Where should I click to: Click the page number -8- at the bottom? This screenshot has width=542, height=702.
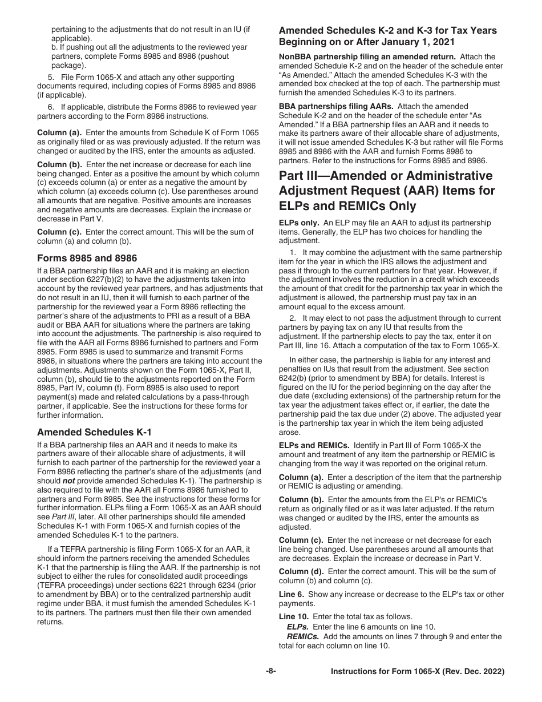[x=270, y=672]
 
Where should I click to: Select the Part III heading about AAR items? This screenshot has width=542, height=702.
[x=387, y=190]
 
